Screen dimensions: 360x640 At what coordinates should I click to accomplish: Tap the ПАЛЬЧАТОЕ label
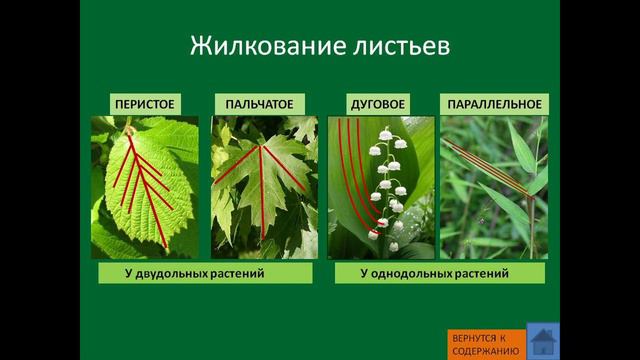pos(253,104)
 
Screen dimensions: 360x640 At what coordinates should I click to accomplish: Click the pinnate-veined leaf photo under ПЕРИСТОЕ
pos(145,187)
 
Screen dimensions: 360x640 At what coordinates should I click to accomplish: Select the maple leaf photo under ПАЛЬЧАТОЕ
pos(263,187)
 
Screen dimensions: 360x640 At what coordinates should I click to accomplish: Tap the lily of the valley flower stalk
pos(386,190)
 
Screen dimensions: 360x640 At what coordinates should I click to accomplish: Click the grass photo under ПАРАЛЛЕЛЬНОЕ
pos(494,187)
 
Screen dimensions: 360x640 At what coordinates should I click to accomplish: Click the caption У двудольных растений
pos(204,273)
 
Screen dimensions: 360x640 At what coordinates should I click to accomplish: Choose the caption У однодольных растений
pos(436,273)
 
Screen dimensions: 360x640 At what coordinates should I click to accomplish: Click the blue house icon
pos(543,341)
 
